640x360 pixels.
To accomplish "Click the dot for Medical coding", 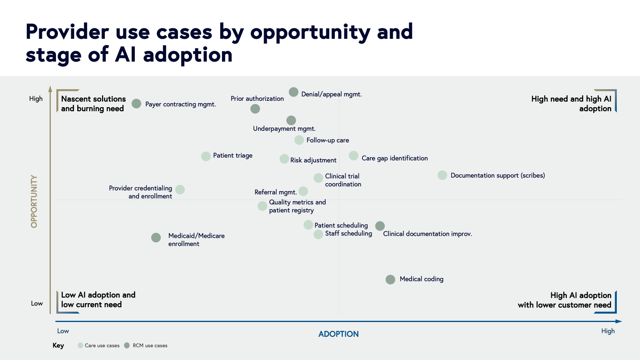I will click(390, 280).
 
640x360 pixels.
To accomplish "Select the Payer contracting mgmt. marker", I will click(136, 104).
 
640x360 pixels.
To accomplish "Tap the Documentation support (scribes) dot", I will click(442, 175).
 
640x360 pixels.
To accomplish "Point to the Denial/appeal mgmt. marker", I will click(294, 92).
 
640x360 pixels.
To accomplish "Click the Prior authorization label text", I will click(257, 99).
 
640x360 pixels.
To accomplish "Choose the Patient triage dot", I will click(206, 156).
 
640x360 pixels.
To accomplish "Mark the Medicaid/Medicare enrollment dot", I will click(156, 238).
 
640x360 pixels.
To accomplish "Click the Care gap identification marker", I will click(354, 156).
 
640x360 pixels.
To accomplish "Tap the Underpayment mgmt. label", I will click(284, 129).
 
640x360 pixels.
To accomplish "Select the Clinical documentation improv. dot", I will click(380, 226).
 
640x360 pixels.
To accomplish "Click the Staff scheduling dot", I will click(318, 234).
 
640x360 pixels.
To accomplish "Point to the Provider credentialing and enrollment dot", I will click(180, 190).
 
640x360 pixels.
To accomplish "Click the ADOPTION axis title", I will click(338, 334).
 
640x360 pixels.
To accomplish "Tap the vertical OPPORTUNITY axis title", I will click(34, 202).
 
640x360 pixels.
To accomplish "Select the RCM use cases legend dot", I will click(127, 346).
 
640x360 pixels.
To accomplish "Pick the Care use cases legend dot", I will click(80, 346).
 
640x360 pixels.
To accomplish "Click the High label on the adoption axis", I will click(608, 331).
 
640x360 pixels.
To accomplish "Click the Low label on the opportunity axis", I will click(37, 304).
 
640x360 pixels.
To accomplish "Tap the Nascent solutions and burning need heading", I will click(93, 104).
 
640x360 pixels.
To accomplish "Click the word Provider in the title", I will click(67, 32).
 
